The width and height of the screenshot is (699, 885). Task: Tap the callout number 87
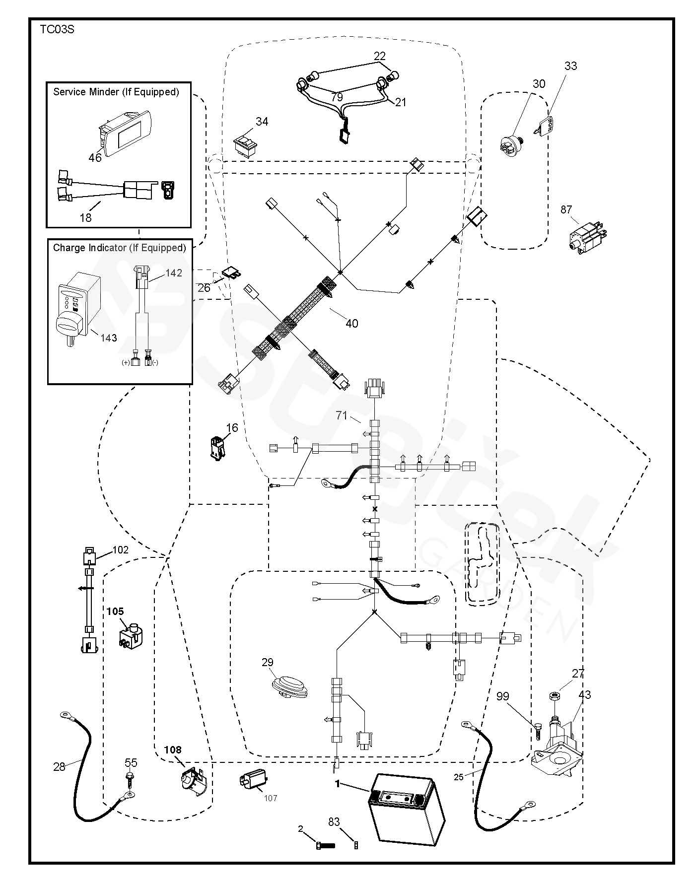coord(566,209)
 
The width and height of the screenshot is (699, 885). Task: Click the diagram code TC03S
coord(57,29)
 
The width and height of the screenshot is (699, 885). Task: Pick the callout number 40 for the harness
coord(351,323)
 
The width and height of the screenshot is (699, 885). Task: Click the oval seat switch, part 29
coord(289,686)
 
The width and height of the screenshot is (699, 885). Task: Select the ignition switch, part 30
coord(512,143)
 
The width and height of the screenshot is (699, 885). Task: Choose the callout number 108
coord(173,749)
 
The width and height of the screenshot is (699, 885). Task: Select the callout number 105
coord(115,612)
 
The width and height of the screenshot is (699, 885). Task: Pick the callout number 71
coord(342,415)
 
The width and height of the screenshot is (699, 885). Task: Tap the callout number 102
coord(121,550)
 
